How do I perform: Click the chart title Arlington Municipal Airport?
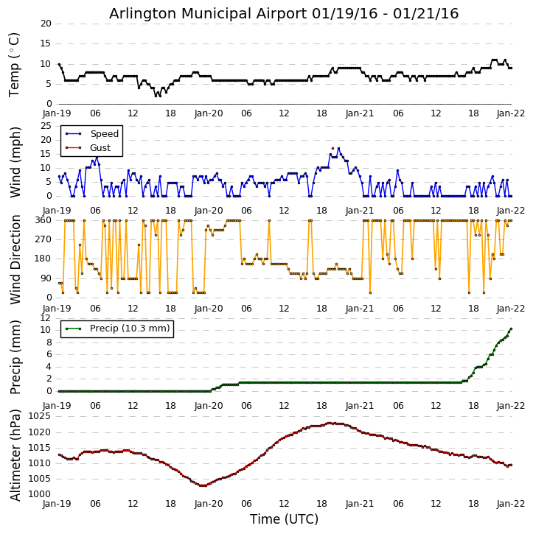284,13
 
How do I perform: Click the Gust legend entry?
100,148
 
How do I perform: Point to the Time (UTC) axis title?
284,519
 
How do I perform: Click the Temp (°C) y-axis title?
15,64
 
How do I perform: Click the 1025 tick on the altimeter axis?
39,417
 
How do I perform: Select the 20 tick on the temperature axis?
46,24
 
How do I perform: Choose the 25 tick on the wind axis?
46,126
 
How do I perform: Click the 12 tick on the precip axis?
46,317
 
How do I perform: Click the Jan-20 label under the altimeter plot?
209,505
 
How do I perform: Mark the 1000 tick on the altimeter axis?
39,494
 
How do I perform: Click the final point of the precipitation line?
511,329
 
